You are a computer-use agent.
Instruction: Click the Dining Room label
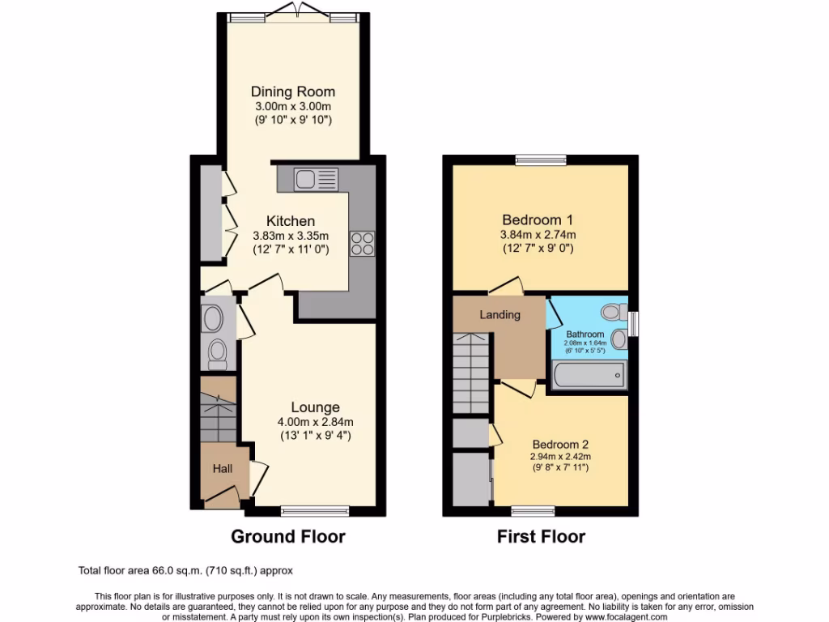[x=292, y=92]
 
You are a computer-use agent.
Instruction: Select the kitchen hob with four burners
[x=361, y=244]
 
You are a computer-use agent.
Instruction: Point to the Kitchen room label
[x=291, y=221]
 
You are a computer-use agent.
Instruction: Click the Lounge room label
[x=315, y=407]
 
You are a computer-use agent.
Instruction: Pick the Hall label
[x=222, y=468]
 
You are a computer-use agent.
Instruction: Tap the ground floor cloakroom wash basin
[x=214, y=318]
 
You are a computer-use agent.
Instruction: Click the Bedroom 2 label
[x=559, y=444]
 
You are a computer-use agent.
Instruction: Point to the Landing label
[x=500, y=314]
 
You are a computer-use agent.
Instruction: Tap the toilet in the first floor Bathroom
[x=614, y=311]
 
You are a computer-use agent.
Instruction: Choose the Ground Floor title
[x=287, y=536]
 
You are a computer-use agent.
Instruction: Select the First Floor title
[x=541, y=536]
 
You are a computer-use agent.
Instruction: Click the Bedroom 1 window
[x=540, y=160]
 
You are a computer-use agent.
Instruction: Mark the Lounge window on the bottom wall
[x=315, y=511]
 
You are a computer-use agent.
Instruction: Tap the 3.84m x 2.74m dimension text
[x=538, y=235]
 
